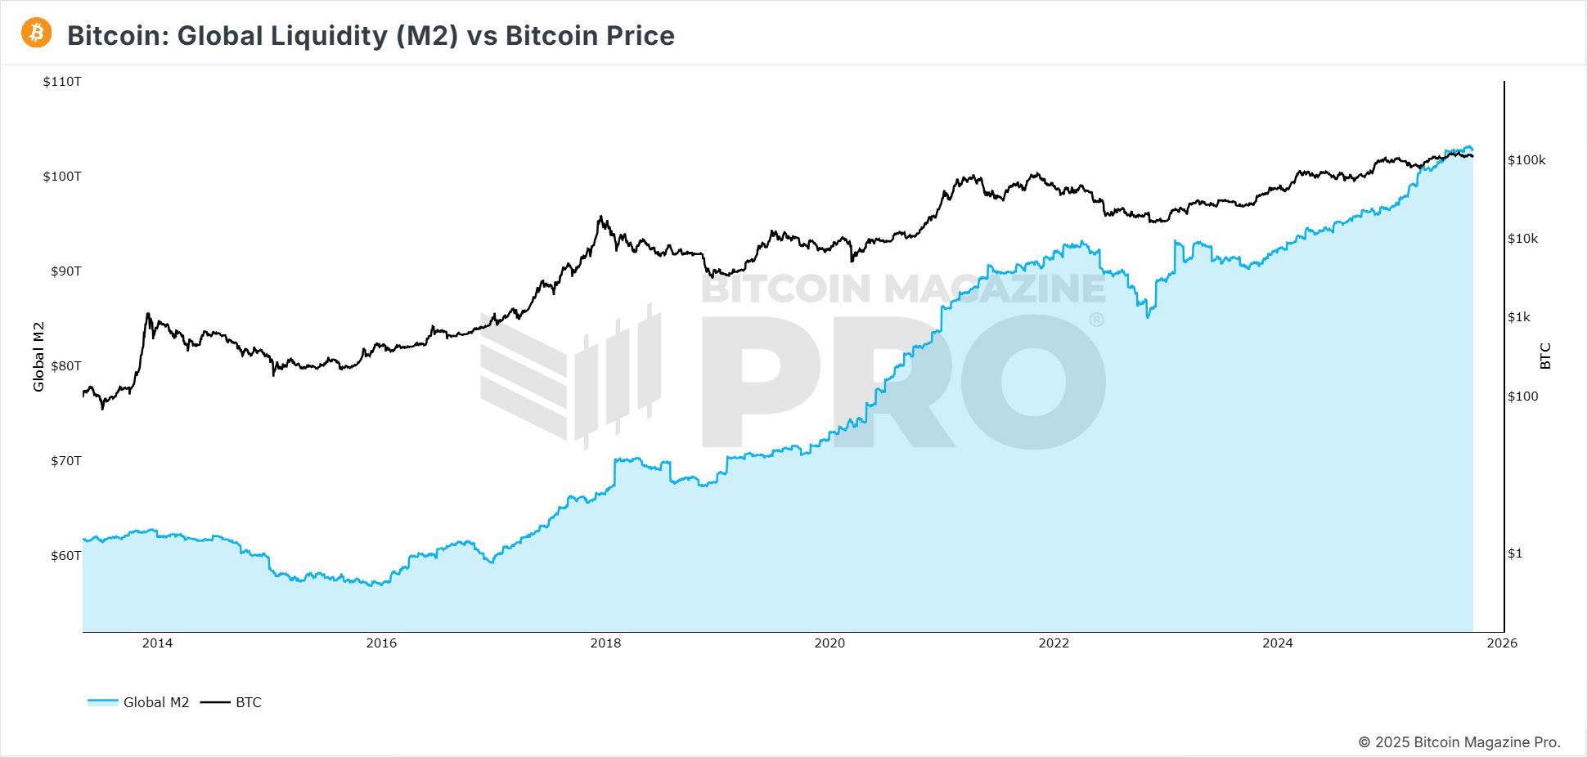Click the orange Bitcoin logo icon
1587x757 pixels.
click(36, 34)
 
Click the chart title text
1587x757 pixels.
click(371, 36)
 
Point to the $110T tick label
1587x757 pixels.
click(62, 82)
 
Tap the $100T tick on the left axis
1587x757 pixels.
click(62, 177)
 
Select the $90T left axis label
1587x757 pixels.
click(65, 271)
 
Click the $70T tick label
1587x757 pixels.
click(65, 461)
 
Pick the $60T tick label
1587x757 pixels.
click(65, 556)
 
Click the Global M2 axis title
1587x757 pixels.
click(38, 356)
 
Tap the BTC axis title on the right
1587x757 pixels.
click(1545, 356)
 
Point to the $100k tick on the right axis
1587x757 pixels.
click(1526, 160)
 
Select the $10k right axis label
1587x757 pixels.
click(1522, 239)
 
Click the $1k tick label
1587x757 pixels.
click(1519, 317)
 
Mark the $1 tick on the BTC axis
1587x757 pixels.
click(1515, 553)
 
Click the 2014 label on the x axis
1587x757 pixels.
click(157, 643)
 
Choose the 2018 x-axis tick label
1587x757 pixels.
click(605, 643)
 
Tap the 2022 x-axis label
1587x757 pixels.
click(1054, 643)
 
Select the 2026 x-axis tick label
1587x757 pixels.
click(1502, 643)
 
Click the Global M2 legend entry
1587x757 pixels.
click(139, 702)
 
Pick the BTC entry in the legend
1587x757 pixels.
click(232, 702)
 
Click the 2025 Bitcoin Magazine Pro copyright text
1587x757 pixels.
click(1459, 742)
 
